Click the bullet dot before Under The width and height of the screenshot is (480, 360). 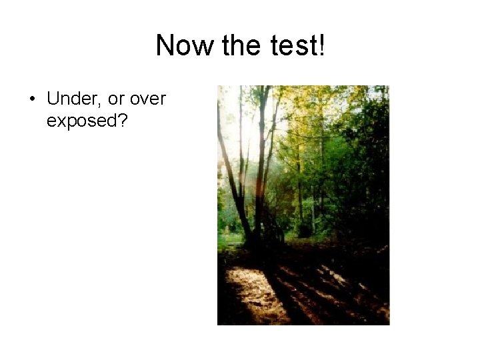31,100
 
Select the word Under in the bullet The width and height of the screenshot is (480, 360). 71,99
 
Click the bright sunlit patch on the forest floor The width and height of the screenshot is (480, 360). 250,290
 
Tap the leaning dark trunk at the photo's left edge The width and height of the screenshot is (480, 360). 229,180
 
